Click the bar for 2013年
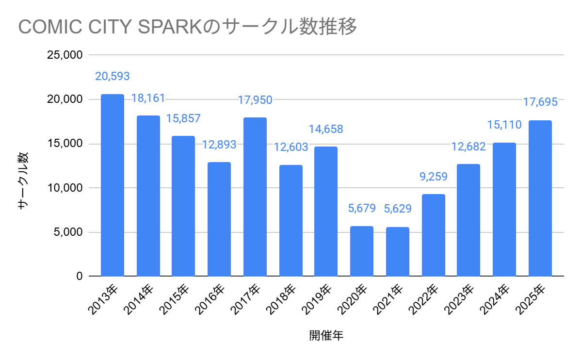pos(112,185)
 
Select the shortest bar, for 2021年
pos(397,252)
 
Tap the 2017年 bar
pos(255,197)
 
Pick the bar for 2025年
pos(540,198)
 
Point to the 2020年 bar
pos(362,251)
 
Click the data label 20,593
pos(112,76)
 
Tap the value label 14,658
pos(326,129)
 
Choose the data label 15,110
pos(504,125)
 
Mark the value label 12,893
pos(219,145)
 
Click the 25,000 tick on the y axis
pos(65,55)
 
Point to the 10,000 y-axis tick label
pos(65,188)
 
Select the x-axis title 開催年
pos(326,335)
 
